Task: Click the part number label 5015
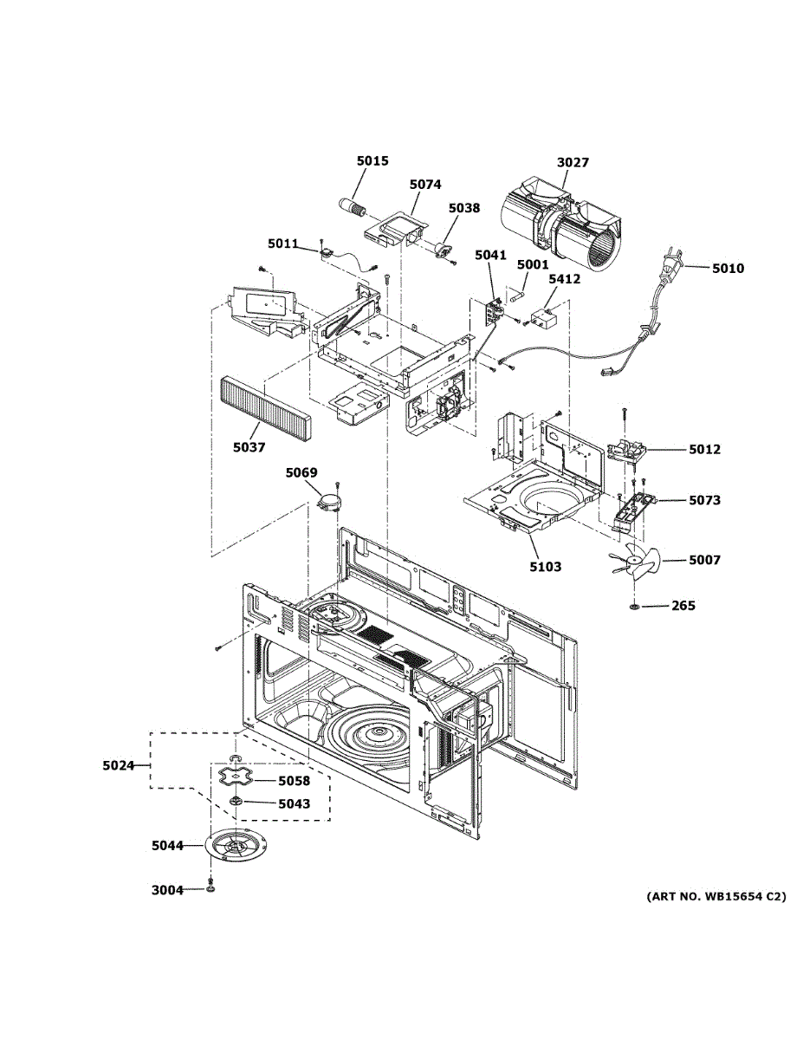(x=372, y=160)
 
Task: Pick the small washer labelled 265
(x=635, y=606)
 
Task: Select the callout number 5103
(x=545, y=567)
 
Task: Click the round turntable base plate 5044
(x=234, y=847)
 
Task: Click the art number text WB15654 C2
(x=716, y=897)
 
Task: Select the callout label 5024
(x=119, y=765)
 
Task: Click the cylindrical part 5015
(x=353, y=208)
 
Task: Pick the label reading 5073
(x=705, y=500)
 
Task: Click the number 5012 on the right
(x=705, y=449)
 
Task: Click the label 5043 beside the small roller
(x=294, y=803)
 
